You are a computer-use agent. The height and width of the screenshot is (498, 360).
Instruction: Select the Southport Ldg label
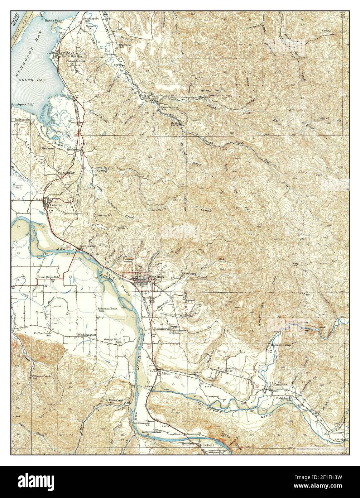[22, 105]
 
